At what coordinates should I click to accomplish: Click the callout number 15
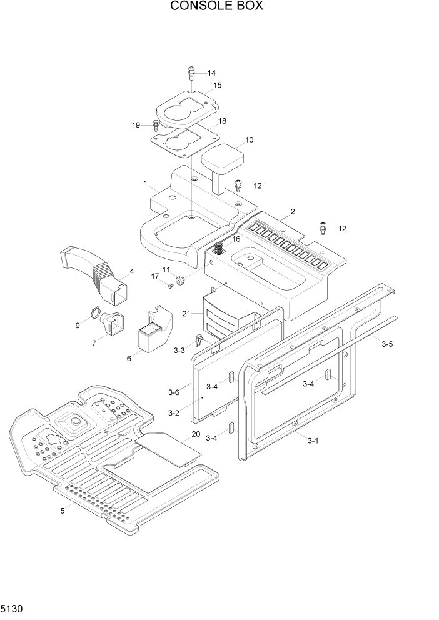[217, 85]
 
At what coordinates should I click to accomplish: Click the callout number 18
[222, 121]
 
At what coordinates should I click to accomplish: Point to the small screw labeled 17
[170, 286]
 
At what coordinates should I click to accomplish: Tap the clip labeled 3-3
[198, 341]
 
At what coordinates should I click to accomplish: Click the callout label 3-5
[387, 344]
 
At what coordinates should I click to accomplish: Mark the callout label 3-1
[313, 441]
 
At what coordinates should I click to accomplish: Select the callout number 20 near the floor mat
[196, 434]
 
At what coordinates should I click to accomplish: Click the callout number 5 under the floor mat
[62, 511]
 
